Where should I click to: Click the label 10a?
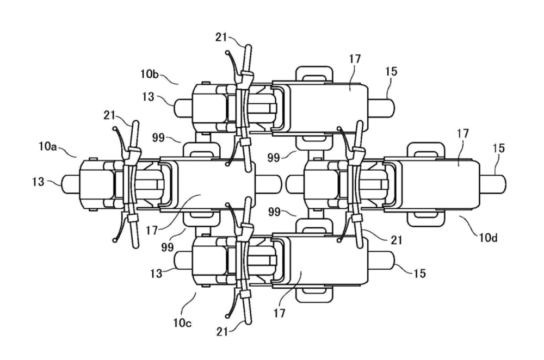click(x=47, y=147)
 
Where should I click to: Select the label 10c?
click(x=182, y=323)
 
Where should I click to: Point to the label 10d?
click(x=489, y=238)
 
